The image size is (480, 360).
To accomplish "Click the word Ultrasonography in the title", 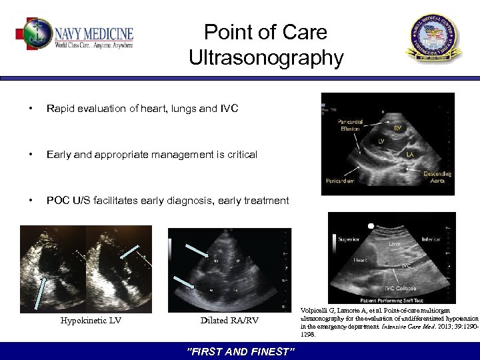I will [x=266, y=58].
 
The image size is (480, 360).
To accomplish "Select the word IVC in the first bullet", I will [x=227, y=109].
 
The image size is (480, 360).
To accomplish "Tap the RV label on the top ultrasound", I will [x=397, y=128].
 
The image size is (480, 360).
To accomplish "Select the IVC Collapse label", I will [x=403, y=287].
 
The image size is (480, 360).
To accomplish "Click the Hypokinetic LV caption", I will [x=91, y=321].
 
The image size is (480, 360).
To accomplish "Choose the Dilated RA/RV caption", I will [x=229, y=321].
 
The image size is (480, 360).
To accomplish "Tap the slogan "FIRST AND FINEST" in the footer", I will [x=239, y=351].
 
